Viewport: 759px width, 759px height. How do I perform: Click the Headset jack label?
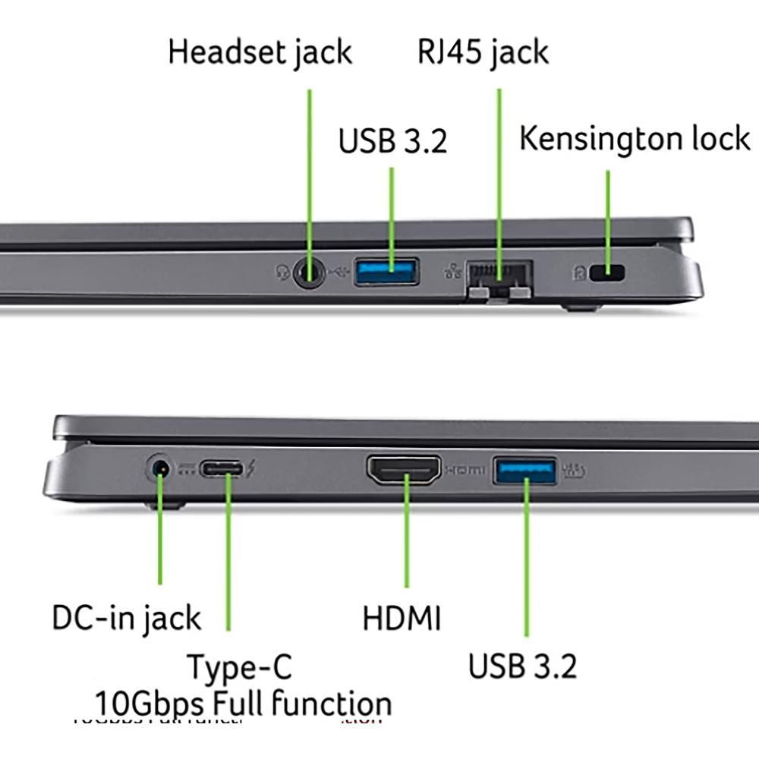(x=260, y=52)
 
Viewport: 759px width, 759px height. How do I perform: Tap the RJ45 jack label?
(x=483, y=52)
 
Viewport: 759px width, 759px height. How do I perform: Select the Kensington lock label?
(x=635, y=139)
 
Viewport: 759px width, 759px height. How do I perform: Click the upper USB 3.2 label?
(x=392, y=141)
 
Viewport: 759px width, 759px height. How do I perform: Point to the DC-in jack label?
(x=126, y=618)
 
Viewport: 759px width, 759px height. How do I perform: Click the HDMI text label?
(x=402, y=618)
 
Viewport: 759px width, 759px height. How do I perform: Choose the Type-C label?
(x=239, y=668)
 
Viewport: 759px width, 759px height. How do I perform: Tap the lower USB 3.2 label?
(x=522, y=666)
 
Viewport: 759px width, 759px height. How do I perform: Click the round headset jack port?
(x=308, y=271)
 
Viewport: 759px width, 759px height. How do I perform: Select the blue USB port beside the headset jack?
(x=387, y=271)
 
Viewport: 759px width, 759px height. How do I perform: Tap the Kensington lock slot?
(x=607, y=272)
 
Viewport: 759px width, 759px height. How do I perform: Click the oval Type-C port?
(x=222, y=470)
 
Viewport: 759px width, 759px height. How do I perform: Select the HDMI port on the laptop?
(x=405, y=470)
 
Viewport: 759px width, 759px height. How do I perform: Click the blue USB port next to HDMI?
(x=524, y=470)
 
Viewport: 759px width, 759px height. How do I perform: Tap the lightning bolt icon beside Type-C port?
(x=251, y=470)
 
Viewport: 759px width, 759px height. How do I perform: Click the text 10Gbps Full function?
(x=243, y=702)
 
